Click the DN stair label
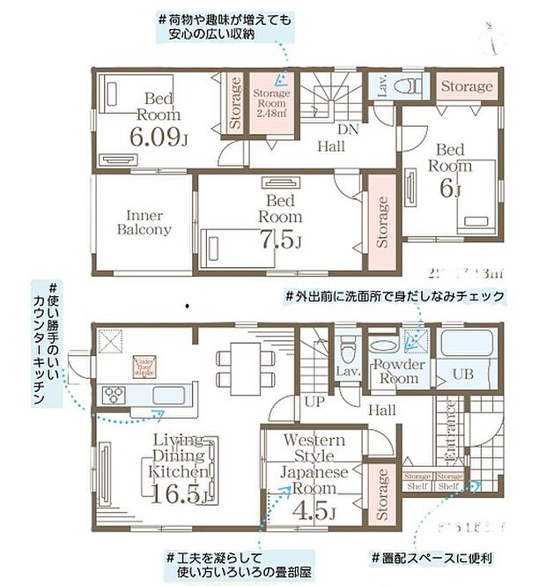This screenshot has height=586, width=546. click(x=349, y=130)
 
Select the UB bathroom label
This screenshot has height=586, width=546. click(x=463, y=373)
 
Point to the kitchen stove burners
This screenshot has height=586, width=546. click(x=114, y=396)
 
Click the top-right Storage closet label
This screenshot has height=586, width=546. click(x=466, y=86)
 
